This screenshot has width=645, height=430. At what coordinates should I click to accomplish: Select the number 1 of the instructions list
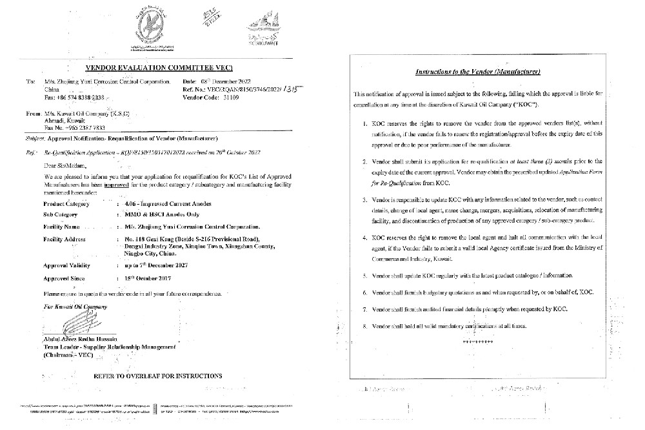366,121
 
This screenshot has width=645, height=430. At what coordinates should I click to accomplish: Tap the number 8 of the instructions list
366,326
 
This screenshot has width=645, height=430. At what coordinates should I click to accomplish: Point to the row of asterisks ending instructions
477,339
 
